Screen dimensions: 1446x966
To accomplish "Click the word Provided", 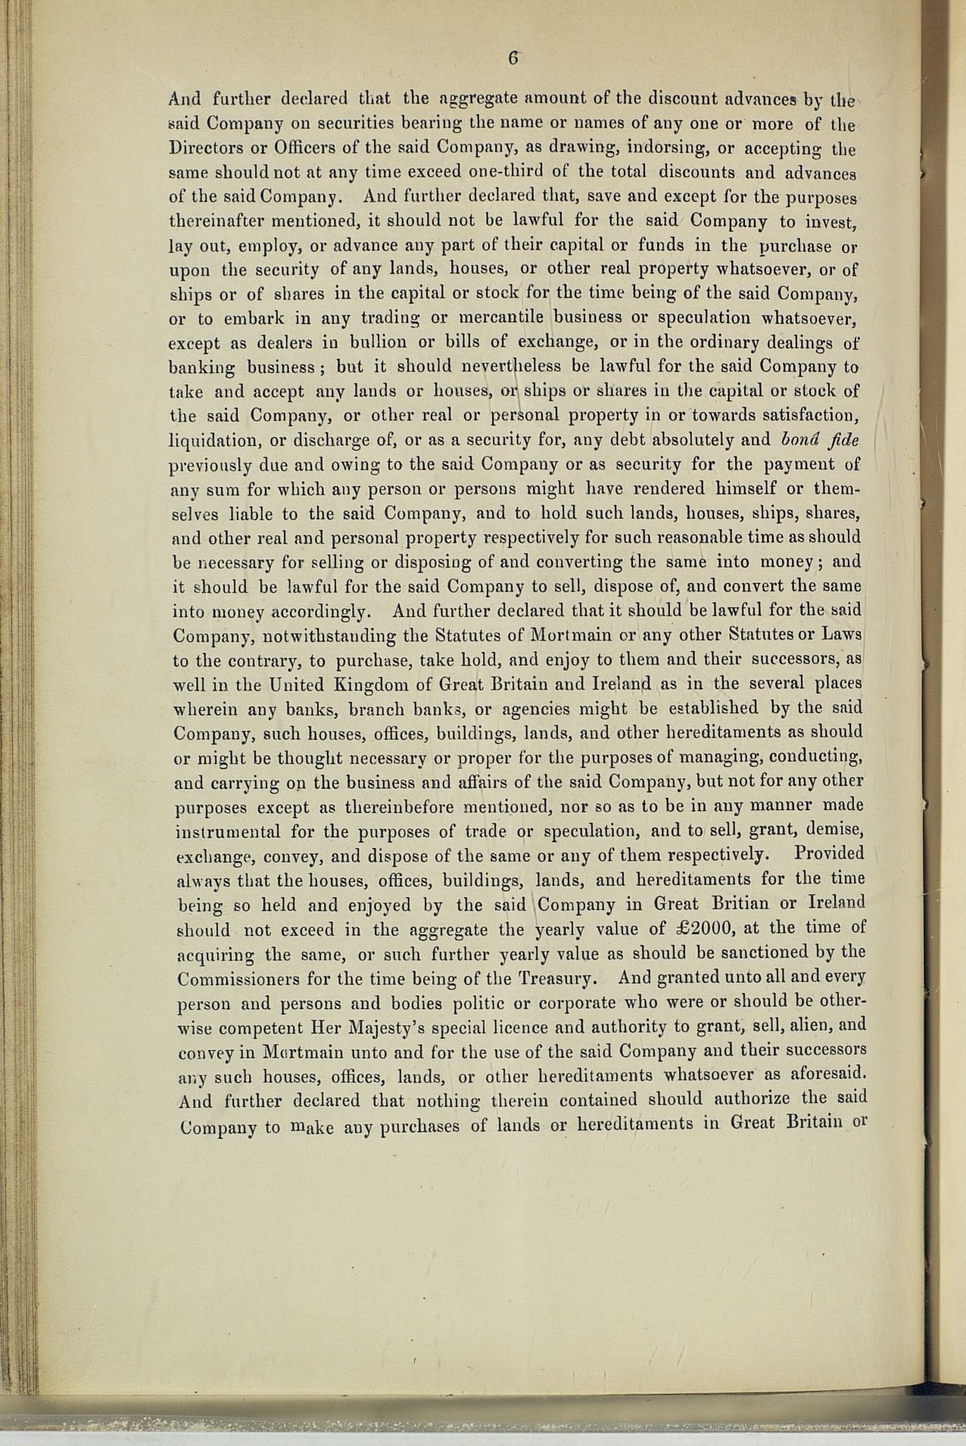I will [829, 853].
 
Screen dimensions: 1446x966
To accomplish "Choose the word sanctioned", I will [757, 952].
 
